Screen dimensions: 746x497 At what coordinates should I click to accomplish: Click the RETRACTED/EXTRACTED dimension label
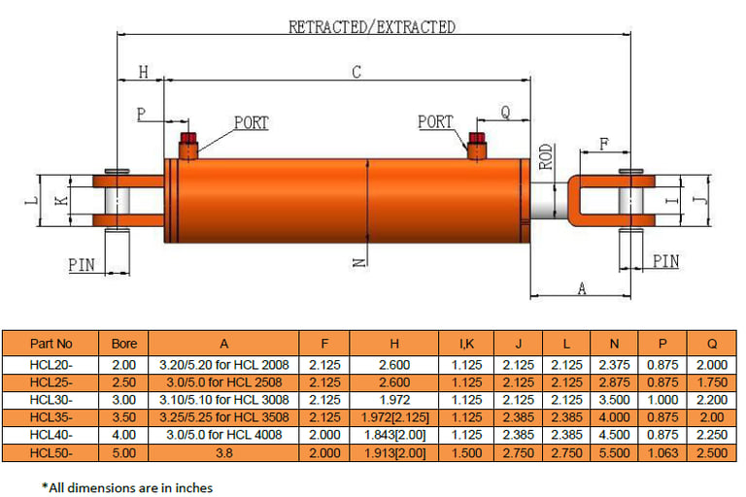point(371,27)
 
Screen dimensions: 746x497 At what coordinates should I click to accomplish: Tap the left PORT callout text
point(251,123)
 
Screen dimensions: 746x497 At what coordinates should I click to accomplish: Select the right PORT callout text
point(435,122)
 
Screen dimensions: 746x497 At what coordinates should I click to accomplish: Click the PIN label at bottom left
point(82,264)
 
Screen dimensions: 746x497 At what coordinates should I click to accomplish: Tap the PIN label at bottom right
point(665,261)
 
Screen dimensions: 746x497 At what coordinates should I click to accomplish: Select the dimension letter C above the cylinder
point(356,72)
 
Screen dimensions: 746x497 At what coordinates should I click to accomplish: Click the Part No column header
point(51,344)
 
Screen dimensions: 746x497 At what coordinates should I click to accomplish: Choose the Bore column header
point(124,344)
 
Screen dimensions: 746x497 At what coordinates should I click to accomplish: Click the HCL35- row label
point(51,416)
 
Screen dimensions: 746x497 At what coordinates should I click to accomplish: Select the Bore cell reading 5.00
point(124,452)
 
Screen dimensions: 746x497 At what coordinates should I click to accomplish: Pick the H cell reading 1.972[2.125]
point(394,416)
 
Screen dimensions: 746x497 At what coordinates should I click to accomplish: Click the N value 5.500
point(613,452)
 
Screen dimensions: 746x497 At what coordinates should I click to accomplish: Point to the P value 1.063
point(661,452)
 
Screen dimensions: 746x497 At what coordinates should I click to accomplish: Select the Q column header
point(712,344)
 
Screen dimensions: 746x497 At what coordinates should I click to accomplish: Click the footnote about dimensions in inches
point(126,487)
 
